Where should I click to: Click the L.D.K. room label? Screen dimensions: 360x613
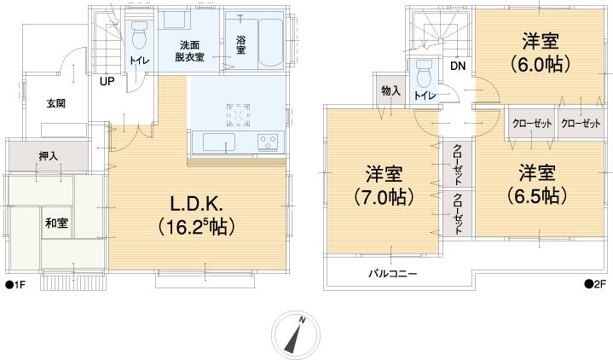196,215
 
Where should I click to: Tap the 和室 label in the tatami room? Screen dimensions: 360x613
56,223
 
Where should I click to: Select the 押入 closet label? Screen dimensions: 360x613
49,157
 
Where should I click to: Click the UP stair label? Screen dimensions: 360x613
107,82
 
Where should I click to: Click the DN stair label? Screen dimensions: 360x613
458,66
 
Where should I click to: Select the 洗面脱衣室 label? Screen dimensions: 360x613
189,50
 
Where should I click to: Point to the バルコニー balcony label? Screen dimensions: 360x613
392,274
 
